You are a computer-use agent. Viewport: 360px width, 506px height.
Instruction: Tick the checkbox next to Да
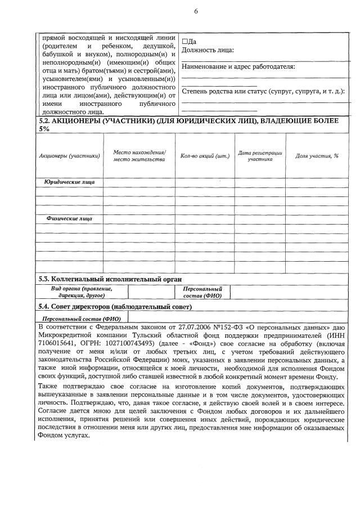point(185,42)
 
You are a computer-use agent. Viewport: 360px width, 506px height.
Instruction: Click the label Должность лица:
point(208,50)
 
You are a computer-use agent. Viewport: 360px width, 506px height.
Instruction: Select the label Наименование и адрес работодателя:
point(238,66)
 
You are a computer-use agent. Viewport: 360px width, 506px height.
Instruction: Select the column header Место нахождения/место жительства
point(139,155)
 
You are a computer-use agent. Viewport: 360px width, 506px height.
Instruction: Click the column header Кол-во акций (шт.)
point(205,155)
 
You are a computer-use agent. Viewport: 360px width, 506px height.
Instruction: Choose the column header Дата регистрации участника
point(260,155)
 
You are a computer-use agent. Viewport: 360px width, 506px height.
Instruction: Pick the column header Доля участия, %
point(317,155)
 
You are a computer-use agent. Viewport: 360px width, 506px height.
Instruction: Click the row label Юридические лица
point(70,182)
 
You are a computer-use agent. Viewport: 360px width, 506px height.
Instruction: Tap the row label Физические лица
point(70,218)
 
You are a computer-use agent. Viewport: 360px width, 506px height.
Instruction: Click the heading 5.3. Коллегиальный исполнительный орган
point(110,279)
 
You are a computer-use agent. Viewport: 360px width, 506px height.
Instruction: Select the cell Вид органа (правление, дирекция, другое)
point(82,292)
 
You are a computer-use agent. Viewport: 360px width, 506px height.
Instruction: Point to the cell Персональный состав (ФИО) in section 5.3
point(202,292)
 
